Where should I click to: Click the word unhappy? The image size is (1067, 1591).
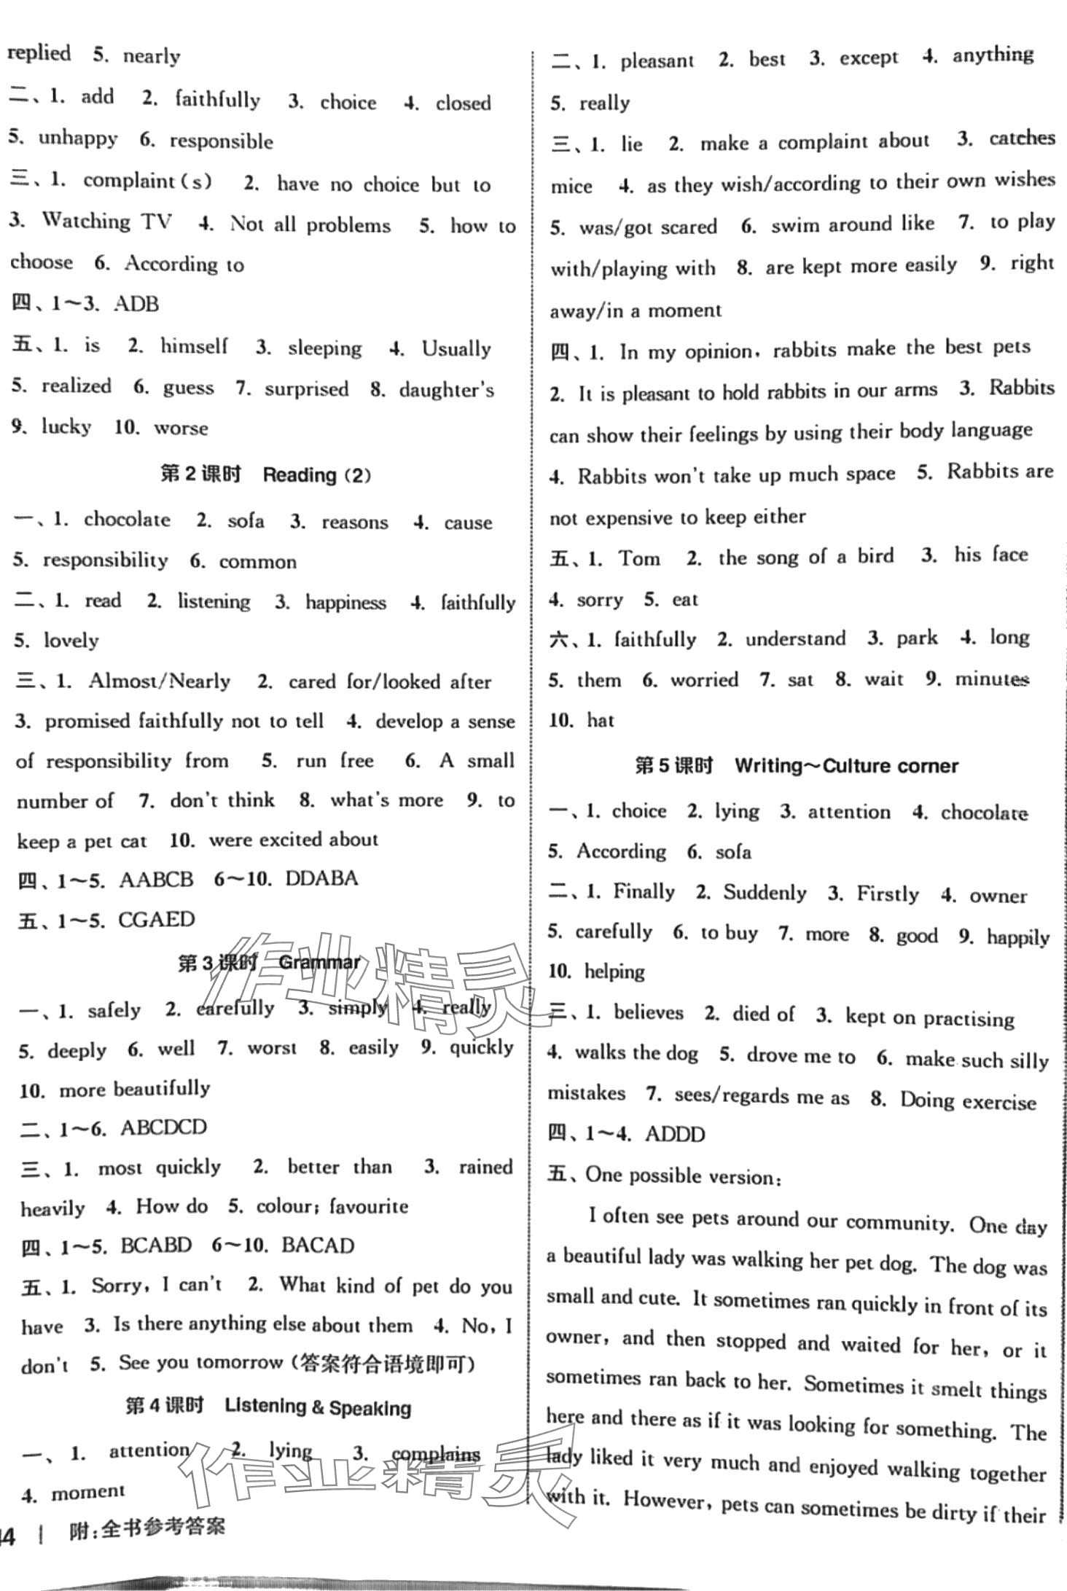point(77,138)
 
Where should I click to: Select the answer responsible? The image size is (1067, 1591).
point(221,141)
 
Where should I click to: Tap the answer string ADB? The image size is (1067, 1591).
point(136,303)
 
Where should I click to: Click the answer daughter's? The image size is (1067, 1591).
point(446,390)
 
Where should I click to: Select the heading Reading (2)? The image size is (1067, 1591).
point(316,475)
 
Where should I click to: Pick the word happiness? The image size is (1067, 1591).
point(345,602)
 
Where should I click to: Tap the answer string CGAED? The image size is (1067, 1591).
point(156,919)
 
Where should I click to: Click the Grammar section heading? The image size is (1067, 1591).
point(319,963)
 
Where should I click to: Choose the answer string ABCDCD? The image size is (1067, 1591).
point(163,1127)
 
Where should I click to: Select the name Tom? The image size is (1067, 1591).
point(639,558)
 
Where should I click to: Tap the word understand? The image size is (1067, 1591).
point(795,639)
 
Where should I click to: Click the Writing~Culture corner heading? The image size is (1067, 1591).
point(846,766)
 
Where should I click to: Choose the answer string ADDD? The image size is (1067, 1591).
point(675,1135)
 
